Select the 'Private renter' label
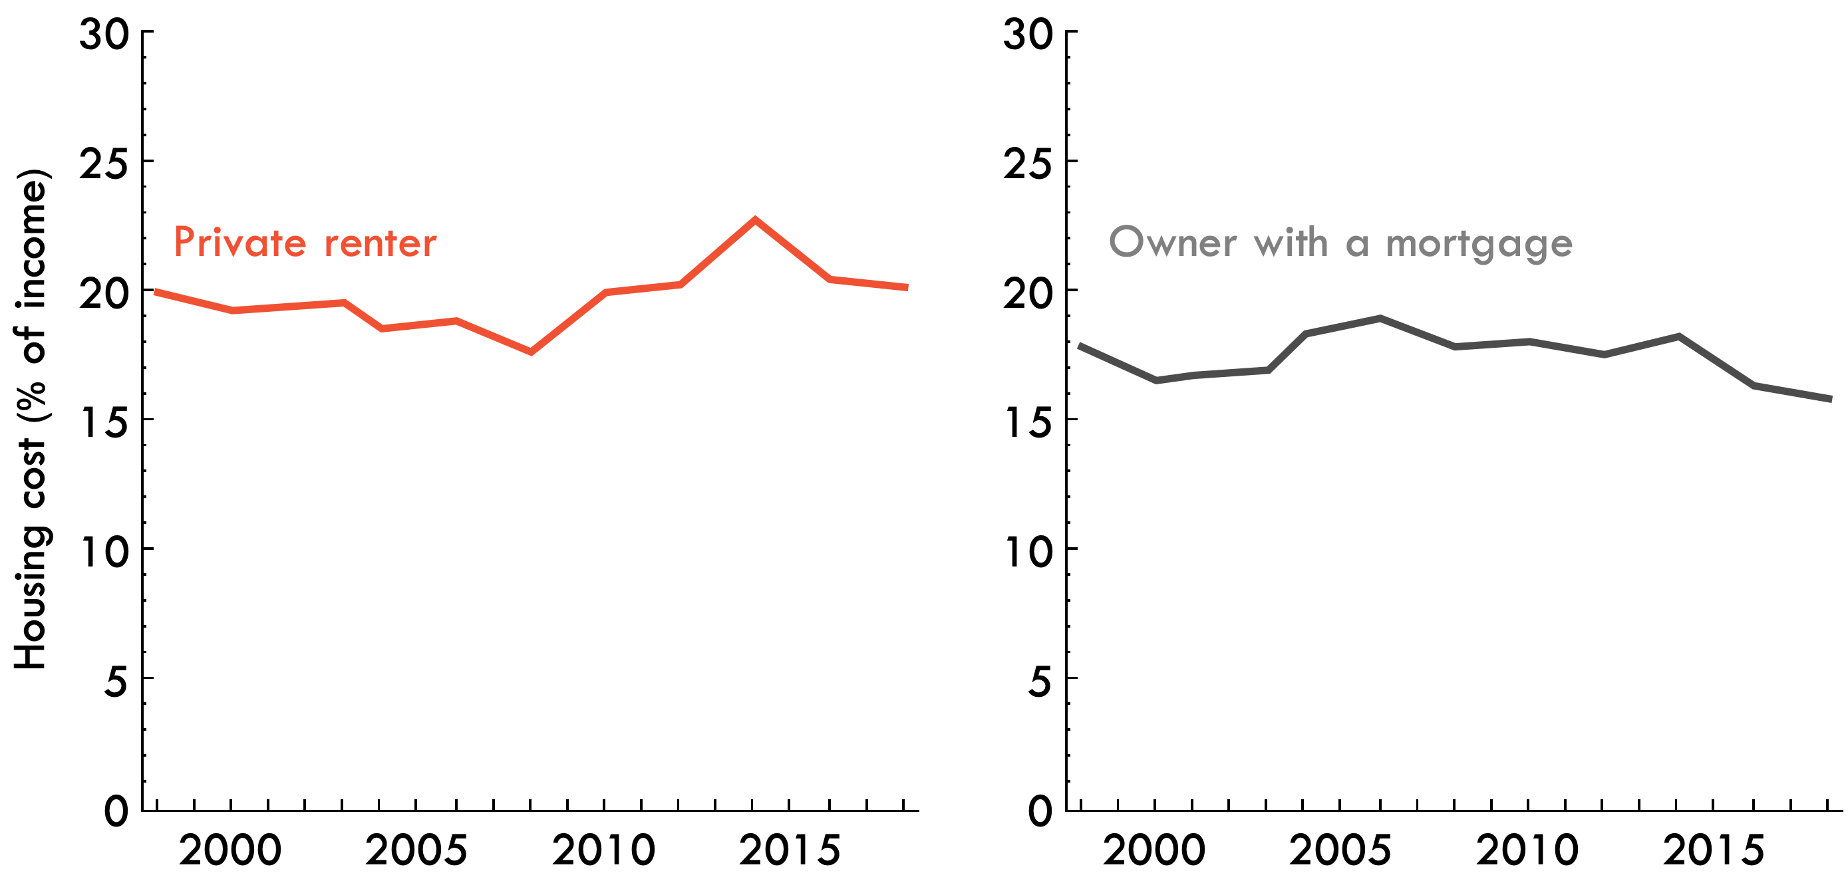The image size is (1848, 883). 305,243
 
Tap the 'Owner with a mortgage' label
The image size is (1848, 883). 1340,243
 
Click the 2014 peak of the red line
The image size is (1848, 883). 754,219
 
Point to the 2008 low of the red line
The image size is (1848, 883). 531,352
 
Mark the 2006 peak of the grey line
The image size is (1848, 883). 1380,318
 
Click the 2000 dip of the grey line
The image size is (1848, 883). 1155,380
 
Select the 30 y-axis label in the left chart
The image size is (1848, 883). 104,34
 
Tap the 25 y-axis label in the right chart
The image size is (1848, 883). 1028,164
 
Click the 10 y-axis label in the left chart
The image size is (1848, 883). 104,552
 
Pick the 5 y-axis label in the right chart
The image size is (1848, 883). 1040,681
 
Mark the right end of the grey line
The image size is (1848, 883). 1831,399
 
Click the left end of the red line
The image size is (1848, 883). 156,292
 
